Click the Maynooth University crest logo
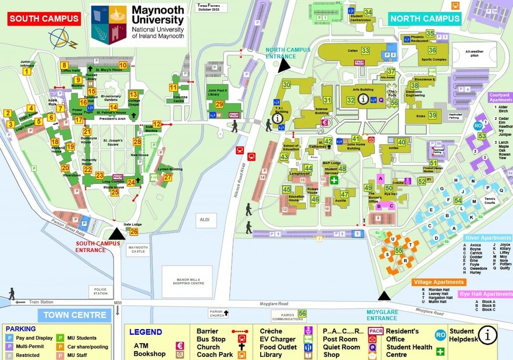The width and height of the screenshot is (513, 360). pos(109,25)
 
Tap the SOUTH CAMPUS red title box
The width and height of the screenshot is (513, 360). pos(44,19)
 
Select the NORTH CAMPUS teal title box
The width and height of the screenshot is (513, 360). pos(425,19)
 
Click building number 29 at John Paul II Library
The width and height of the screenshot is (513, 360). pos(219,105)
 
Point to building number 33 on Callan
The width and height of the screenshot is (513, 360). pos(365,50)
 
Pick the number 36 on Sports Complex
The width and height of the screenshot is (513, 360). pos(432,50)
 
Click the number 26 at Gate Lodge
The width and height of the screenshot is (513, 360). pos(134,231)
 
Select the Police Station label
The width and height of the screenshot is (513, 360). pos(100,291)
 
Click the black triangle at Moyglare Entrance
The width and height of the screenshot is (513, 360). pos(385,296)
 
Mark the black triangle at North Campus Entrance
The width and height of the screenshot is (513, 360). pos(284,65)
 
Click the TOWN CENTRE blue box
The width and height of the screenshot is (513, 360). pos(74,315)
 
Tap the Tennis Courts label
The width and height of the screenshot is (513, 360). pos(489,200)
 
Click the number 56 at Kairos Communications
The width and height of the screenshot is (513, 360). pos(302,314)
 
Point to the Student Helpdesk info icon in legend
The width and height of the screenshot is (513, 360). pos(488,334)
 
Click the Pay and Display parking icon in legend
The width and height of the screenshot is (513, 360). pos(9,338)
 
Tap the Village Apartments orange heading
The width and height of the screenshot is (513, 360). pos(438,282)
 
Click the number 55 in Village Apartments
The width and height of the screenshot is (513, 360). pos(398,251)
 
